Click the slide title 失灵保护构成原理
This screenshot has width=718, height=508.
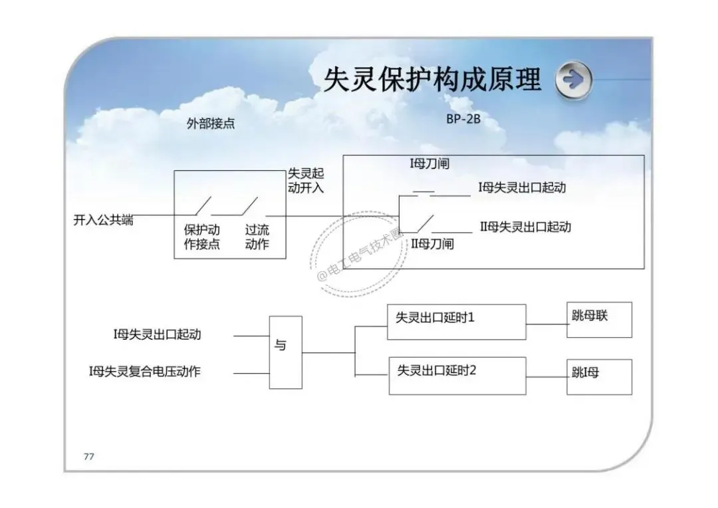click(x=433, y=79)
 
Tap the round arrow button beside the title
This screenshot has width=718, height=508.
click(x=573, y=80)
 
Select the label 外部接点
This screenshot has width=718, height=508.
click(x=211, y=123)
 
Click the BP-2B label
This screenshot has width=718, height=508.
click(x=463, y=118)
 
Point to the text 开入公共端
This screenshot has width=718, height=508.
click(x=103, y=220)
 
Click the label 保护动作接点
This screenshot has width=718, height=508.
click(x=202, y=237)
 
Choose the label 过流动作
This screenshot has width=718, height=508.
click(x=257, y=237)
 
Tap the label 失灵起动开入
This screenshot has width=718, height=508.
click(x=306, y=180)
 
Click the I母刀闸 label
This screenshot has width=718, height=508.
click(x=429, y=164)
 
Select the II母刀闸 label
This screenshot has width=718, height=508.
click(x=432, y=243)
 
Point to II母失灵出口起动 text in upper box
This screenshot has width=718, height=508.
click(x=525, y=227)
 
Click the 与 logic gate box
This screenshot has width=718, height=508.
click(x=285, y=352)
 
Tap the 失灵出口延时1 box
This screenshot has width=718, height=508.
click(x=457, y=322)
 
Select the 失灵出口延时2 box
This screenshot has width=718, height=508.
click(x=457, y=376)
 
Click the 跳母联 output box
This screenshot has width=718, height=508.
click(x=600, y=320)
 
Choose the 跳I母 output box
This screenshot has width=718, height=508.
click(x=600, y=377)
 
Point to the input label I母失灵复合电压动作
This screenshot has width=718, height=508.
click(x=145, y=371)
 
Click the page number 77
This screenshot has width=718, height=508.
click(x=89, y=456)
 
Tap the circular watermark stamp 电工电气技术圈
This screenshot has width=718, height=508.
click(x=358, y=254)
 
